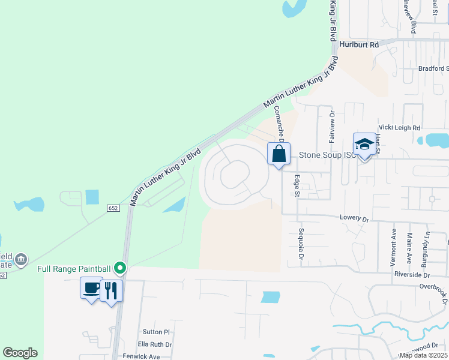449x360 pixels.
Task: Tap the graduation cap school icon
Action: (364, 145)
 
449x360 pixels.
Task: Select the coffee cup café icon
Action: (91, 289)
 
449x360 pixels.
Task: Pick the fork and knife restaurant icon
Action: (111, 290)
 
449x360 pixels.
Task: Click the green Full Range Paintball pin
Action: (120, 268)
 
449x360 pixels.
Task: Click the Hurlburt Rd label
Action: (359, 44)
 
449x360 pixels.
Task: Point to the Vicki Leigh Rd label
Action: (400, 128)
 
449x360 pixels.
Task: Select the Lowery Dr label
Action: (354, 219)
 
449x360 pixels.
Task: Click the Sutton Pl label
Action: (157, 332)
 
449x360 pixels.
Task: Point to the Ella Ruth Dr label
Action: (155, 344)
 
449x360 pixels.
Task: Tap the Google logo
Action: (20, 353)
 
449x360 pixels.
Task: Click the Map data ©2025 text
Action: (424, 355)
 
